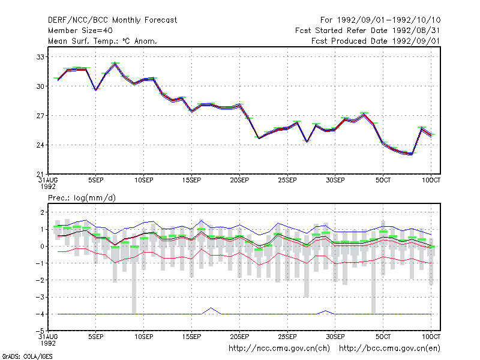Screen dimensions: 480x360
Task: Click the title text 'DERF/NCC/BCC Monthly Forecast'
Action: point(112,20)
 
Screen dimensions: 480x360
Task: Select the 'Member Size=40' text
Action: point(80,31)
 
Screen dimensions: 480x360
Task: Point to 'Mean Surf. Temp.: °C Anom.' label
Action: point(103,41)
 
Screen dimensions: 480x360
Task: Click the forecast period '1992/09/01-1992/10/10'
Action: point(389,20)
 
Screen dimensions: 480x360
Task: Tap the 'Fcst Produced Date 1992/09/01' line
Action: point(376,41)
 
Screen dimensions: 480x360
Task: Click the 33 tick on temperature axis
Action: point(40,57)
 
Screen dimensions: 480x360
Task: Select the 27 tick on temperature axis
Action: point(40,116)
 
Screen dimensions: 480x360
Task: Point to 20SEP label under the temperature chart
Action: point(239,181)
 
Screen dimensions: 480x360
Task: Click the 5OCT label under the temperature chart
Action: point(383,181)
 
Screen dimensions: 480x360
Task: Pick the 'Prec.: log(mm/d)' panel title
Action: point(82,198)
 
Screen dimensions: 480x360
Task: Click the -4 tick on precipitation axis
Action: point(40,314)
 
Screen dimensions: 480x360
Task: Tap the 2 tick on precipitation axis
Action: point(42,212)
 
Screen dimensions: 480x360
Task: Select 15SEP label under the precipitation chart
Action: point(191,337)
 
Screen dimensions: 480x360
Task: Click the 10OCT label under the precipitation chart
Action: point(431,337)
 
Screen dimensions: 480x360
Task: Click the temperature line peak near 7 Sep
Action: point(115,64)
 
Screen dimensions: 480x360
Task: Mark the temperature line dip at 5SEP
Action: point(96,89)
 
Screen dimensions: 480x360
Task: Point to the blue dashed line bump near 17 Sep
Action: point(211,308)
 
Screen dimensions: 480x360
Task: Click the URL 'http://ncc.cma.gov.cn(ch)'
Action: point(279,349)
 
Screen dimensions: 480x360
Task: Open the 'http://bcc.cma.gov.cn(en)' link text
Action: point(389,349)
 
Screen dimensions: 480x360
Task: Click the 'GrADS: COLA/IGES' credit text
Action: point(27,356)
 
